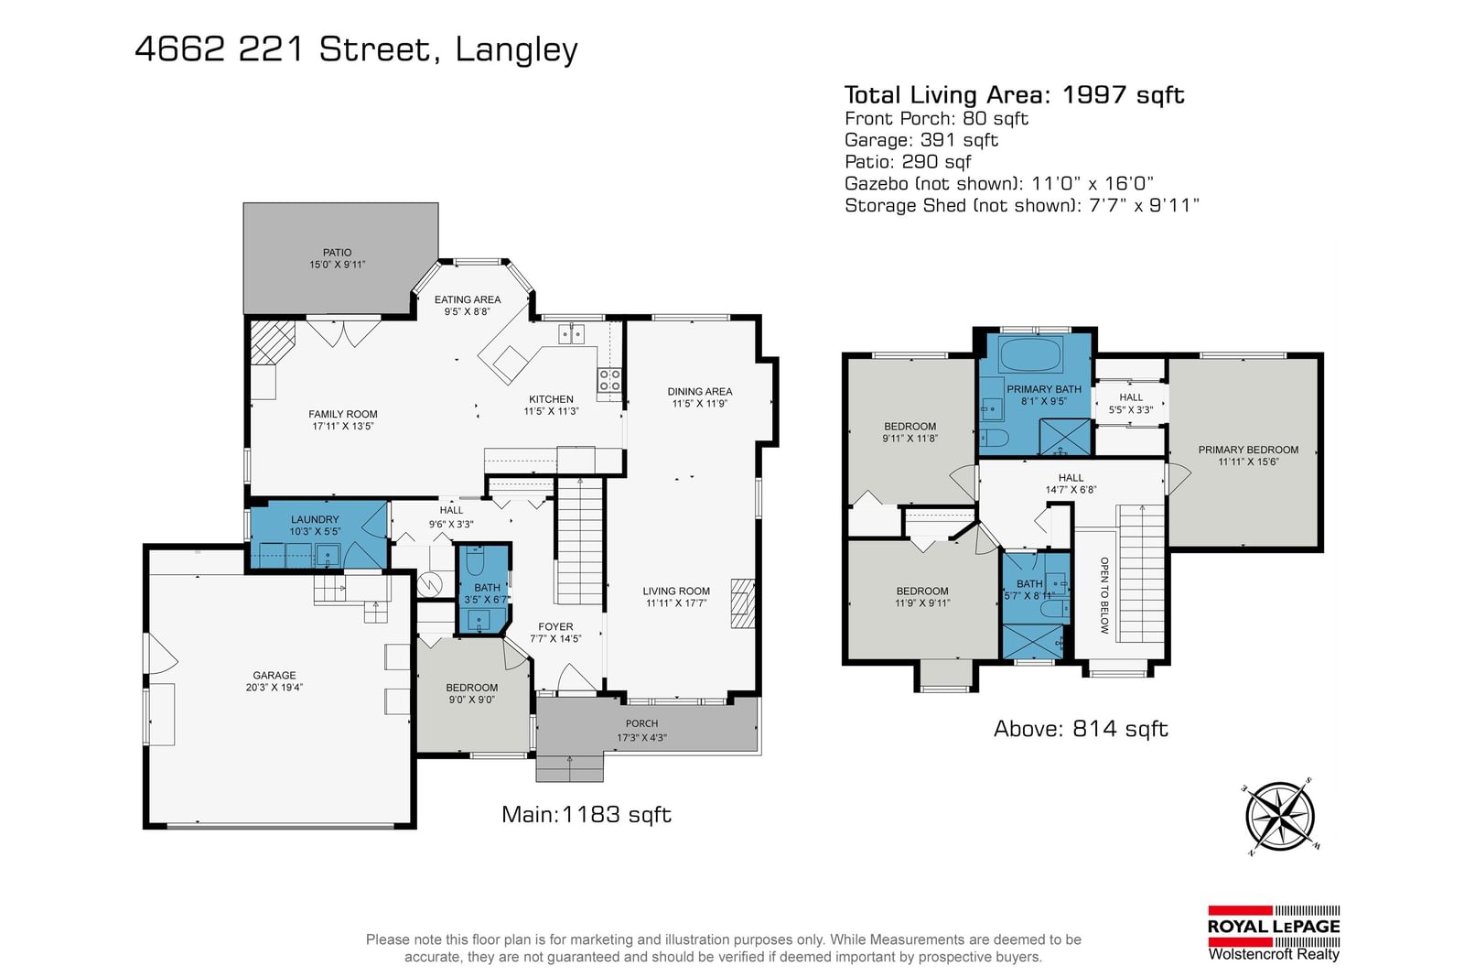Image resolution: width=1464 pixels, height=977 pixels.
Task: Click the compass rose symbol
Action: point(1280,817)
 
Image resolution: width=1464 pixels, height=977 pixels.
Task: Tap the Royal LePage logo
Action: point(1274,933)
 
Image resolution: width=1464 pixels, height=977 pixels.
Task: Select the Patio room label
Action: point(338,253)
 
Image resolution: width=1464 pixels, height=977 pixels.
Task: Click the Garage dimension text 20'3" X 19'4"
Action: point(274,688)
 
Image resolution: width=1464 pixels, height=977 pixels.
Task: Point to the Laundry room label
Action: point(315,519)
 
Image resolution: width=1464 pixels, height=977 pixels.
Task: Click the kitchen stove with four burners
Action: point(609,380)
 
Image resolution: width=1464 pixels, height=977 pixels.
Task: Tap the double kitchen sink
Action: point(571,333)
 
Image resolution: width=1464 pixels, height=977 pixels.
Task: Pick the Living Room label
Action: point(676,592)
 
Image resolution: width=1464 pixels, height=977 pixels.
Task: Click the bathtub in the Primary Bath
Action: point(1031,353)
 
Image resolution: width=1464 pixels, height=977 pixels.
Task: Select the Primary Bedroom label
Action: point(1248,450)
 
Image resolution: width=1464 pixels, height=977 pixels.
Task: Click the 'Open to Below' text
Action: point(1104,595)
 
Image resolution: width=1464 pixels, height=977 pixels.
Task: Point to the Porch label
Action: point(641,723)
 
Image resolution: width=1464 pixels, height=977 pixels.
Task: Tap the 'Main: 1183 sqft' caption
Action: point(587,814)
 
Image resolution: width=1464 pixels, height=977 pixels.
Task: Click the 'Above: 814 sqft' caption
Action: point(1081,729)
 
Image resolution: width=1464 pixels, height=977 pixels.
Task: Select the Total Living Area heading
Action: point(1015,95)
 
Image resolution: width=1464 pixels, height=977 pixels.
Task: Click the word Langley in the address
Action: point(516,49)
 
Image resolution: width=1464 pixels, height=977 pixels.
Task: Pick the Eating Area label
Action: point(468,299)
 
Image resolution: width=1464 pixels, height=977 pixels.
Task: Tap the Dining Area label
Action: point(700,392)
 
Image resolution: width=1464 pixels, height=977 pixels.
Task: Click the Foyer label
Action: point(555,626)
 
